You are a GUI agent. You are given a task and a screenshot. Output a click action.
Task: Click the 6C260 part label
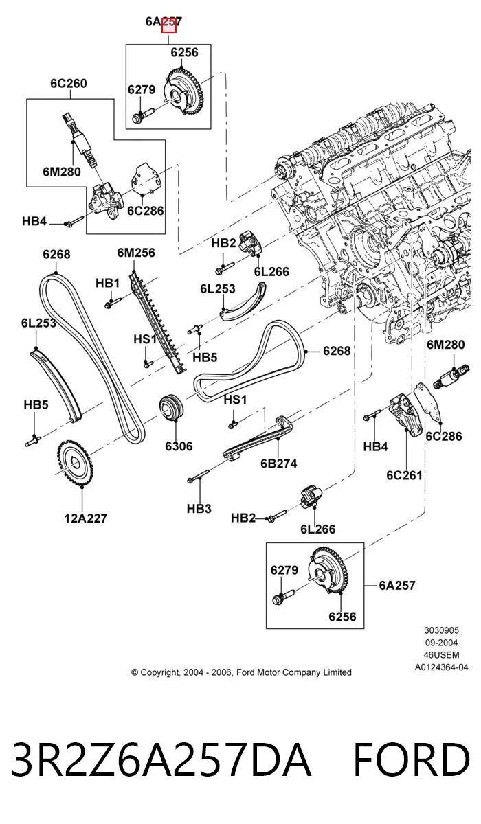[x=69, y=84]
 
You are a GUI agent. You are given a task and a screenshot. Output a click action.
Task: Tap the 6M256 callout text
[x=136, y=253]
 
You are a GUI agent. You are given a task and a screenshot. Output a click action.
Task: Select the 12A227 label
[x=85, y=518]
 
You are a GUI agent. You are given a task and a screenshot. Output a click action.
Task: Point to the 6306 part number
[x=179, y=446]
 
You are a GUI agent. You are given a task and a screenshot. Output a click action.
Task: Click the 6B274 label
[x=278, y=463]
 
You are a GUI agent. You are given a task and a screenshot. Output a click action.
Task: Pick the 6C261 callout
[x=404, y=475]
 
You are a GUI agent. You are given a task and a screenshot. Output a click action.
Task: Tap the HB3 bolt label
[x=199, y=509]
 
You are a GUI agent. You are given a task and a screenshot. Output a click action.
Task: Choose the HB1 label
[x=107, y=283]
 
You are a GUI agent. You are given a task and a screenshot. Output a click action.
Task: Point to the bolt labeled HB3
[x=198, y=476]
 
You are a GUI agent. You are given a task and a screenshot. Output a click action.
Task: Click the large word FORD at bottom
[x=412, y=759]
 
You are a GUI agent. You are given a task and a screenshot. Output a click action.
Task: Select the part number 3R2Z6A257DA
[x=161, y=759]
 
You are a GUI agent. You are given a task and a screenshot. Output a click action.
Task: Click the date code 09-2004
[x=441, y=643]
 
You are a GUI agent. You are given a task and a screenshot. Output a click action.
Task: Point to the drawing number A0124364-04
[x=441, y=667]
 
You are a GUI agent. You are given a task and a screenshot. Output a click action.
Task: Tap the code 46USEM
[x=441, y=655]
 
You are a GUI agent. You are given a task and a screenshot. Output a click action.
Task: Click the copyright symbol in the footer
[x=135, y=672]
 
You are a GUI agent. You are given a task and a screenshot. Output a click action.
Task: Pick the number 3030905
[x=441, y=630]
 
